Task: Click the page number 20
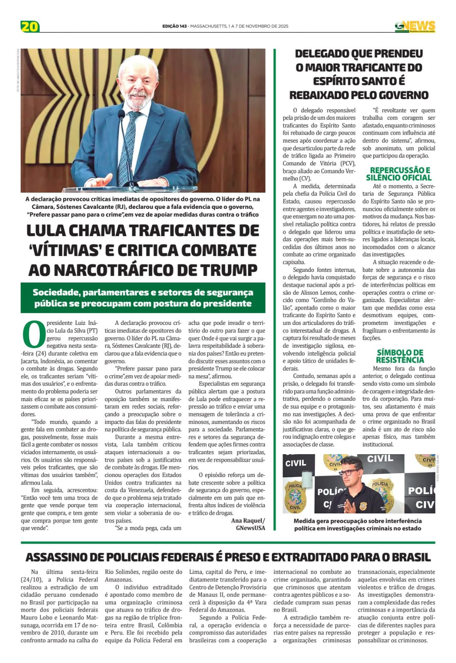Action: (x=30, y=27)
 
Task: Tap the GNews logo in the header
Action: (x=415, y=27)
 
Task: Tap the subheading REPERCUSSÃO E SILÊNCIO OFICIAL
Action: (x=399, y=174)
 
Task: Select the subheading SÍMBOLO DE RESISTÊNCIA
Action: (x=399, y=356)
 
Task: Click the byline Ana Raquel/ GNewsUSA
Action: (x=248, y=524)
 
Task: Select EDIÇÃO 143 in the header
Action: (x=174, y=26)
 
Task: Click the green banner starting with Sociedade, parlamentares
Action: (x=143, y=298)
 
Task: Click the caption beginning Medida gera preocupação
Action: (x=358, y=524)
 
